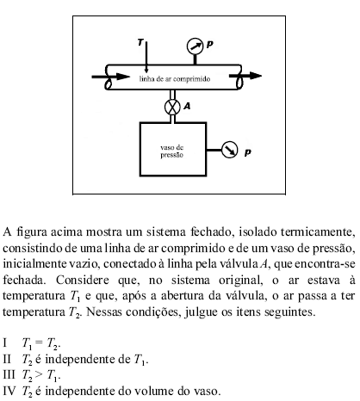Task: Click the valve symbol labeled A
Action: pyautogui.click(x=172, y=107)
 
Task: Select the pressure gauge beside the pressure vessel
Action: pyautogui.click(x=230, y=151)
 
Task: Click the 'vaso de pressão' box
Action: pyautogui.click(x=173, y=151)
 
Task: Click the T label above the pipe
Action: pyautogui.click(x=142, y=41)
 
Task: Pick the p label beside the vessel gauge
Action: pyautogui.click(x=249, y=153)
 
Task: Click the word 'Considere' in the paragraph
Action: pyautogui.click(x=78, y=280)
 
